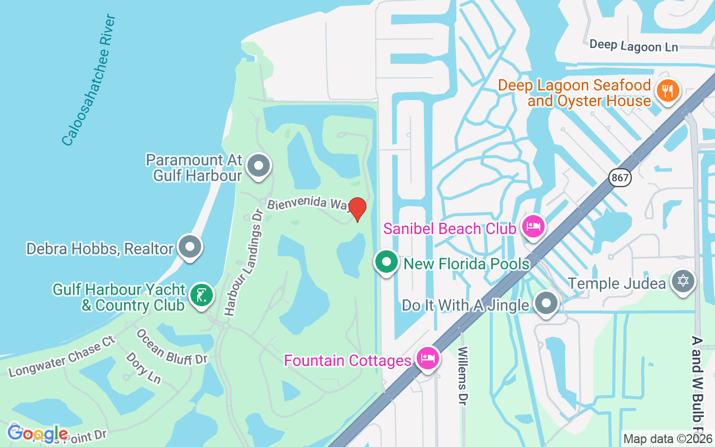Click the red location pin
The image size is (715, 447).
357,209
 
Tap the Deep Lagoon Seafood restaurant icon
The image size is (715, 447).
667,90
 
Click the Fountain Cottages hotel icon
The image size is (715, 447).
428,359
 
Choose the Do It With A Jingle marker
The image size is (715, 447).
546,304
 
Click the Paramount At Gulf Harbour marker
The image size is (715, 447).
259,166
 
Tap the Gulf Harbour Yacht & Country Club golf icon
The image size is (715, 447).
201,295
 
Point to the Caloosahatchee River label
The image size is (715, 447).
89,80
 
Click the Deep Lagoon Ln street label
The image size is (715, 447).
633,45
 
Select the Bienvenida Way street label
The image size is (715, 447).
309,203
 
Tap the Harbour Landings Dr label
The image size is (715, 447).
242,263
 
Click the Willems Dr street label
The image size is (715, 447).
463,375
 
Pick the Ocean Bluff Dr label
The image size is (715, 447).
171,346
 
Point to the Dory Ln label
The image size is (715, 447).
143,368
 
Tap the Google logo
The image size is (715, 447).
37,433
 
